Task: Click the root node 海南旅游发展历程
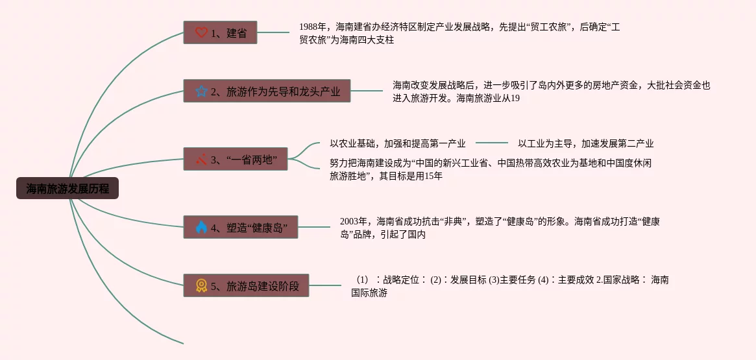[x=67, y=189]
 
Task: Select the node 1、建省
[x=220, y=32]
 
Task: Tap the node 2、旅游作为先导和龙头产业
[x=267, y=91]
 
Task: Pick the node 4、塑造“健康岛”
[x=240, y=227]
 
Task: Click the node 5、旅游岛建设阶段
[x=246, y=285]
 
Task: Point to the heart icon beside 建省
[x=201, y=32]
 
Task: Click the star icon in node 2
[x=201, y=91]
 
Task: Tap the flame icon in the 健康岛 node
[x=201, y=227]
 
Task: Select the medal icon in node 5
[x=201, y=285]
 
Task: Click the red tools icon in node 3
[x=201, y=159]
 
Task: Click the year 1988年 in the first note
[x=314, y=27]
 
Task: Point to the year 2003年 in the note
[x=355, y=222]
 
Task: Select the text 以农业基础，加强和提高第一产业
[x=397, y=143]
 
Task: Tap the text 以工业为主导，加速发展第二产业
[x=585, y=143]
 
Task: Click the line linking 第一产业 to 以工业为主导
[x=491, y=143]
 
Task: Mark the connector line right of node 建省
[x=273, y=32]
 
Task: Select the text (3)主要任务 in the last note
[x=512, y=280]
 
